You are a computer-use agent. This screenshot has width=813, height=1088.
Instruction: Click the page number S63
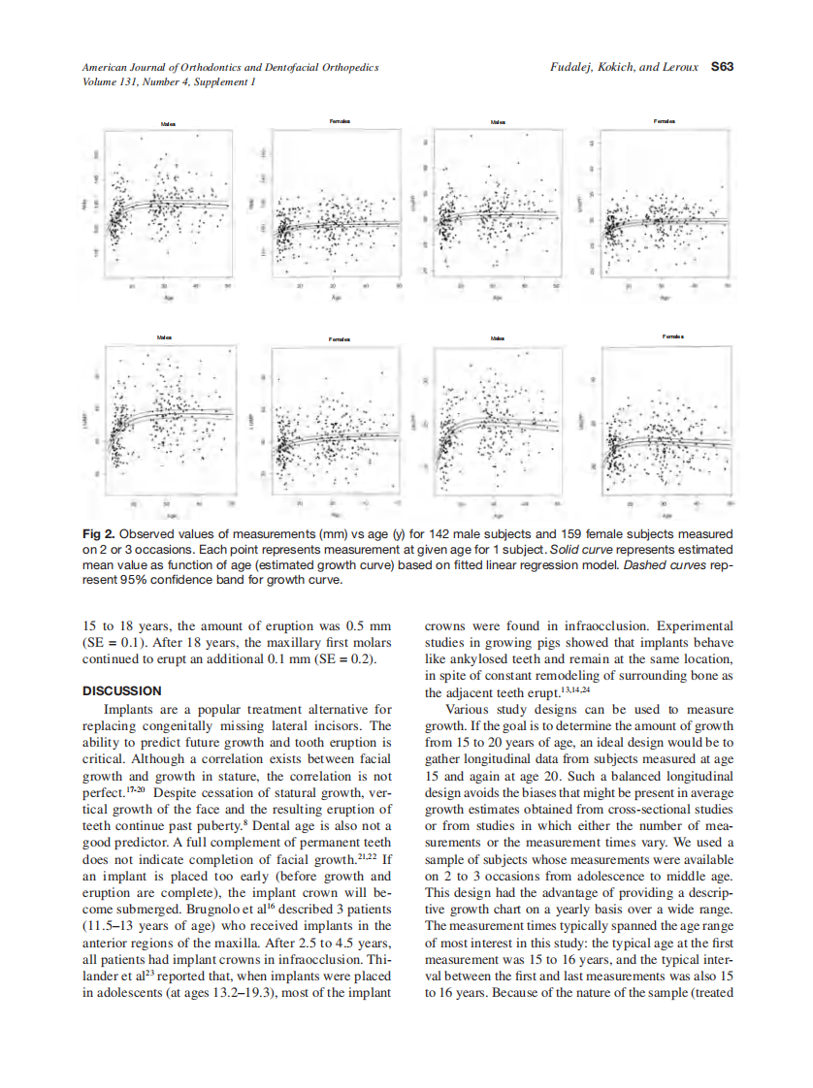click(721, 68)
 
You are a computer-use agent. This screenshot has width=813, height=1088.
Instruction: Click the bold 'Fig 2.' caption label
click(97, 533)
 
